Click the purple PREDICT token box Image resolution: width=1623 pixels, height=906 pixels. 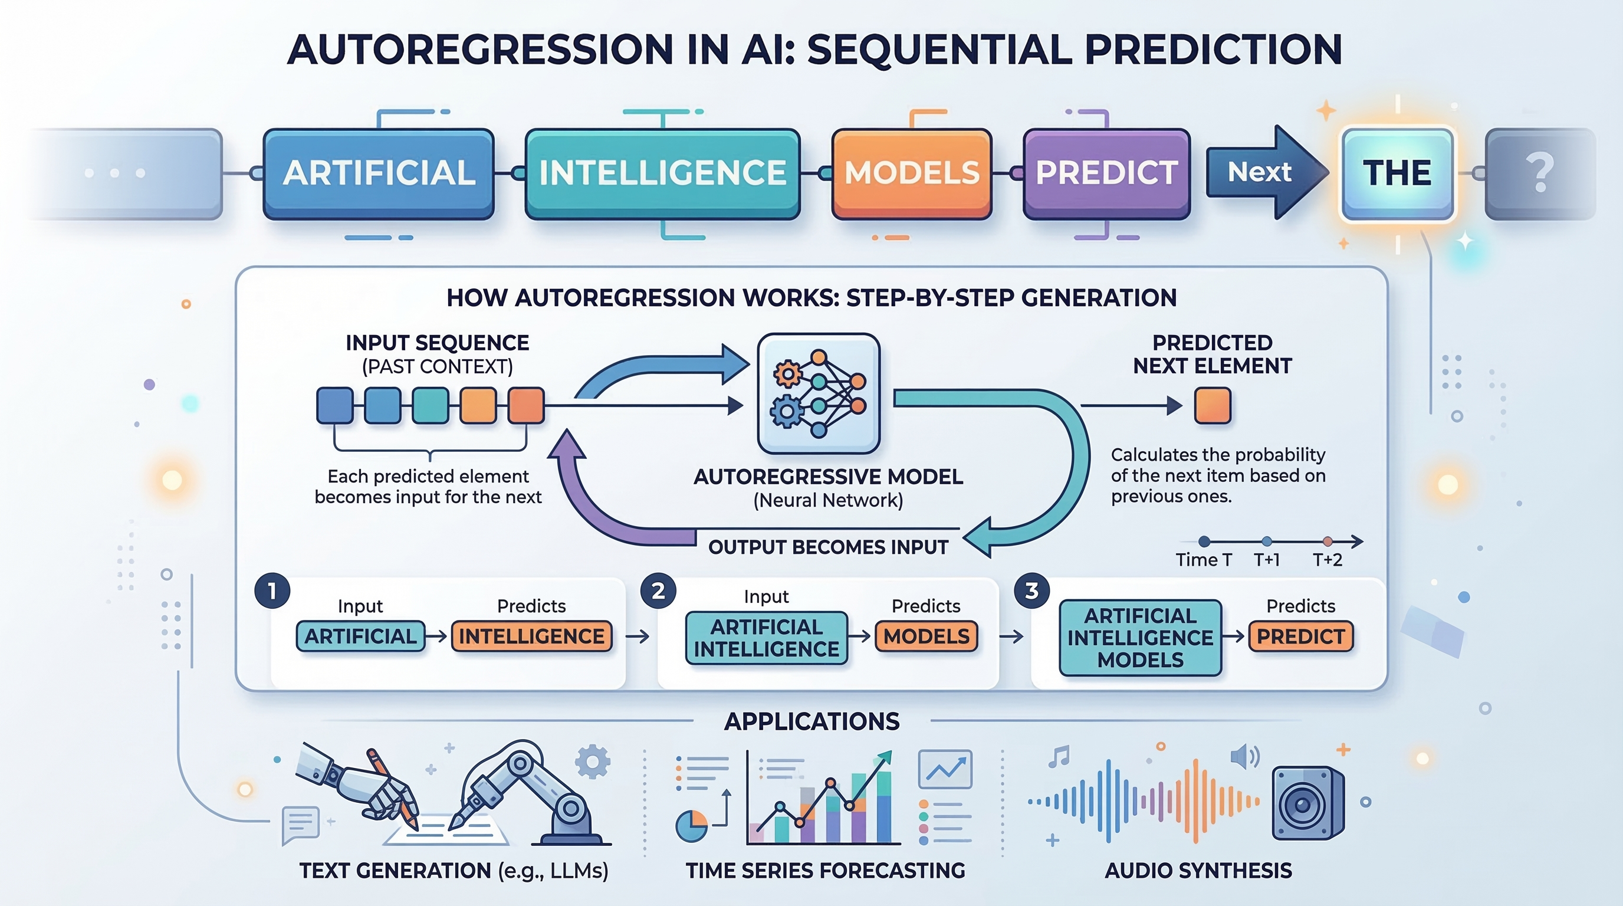coord(1106,173)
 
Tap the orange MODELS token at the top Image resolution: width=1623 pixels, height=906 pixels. coord(912,173)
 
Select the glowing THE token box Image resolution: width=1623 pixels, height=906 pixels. coord(1397,173)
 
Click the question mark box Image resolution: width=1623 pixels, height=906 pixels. coord(1539,173)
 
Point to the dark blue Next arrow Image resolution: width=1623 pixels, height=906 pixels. coord(1263,172)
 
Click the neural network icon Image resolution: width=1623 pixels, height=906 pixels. coord(819,393)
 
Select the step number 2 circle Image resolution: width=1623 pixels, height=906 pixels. coord(658,591)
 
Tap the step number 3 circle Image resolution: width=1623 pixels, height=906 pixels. coord(1031,591)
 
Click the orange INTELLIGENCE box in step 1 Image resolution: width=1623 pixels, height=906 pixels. coord(531,636)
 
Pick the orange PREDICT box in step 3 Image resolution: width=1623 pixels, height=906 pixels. coord(1300,636)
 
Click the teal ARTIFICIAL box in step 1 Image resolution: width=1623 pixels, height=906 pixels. coord(360,636)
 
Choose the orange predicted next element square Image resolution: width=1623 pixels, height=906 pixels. coord(1212,405)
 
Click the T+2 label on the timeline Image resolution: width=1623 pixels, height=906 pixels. coord(1327,560)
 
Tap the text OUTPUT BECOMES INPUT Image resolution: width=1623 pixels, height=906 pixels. coord(828,547)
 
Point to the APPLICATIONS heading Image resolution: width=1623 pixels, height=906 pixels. coord(811,721)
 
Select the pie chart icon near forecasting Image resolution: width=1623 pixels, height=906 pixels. coord(691,826)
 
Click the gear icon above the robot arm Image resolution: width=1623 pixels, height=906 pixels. coord(592,761)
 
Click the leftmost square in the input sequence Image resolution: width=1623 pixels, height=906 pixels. coord(334,405)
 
